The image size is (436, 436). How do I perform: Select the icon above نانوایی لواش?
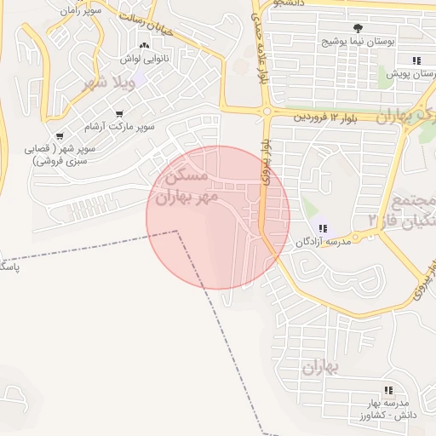tap(143, 47)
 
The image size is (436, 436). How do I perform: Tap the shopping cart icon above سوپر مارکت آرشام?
tap(119, 114)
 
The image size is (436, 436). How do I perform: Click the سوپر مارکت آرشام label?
tap(119, 127)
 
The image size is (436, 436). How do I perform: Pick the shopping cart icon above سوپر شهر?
tap(60, 136)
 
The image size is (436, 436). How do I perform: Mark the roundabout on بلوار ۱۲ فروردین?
tap(267, 112)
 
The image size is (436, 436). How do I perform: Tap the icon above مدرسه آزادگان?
tap(323, 227)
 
